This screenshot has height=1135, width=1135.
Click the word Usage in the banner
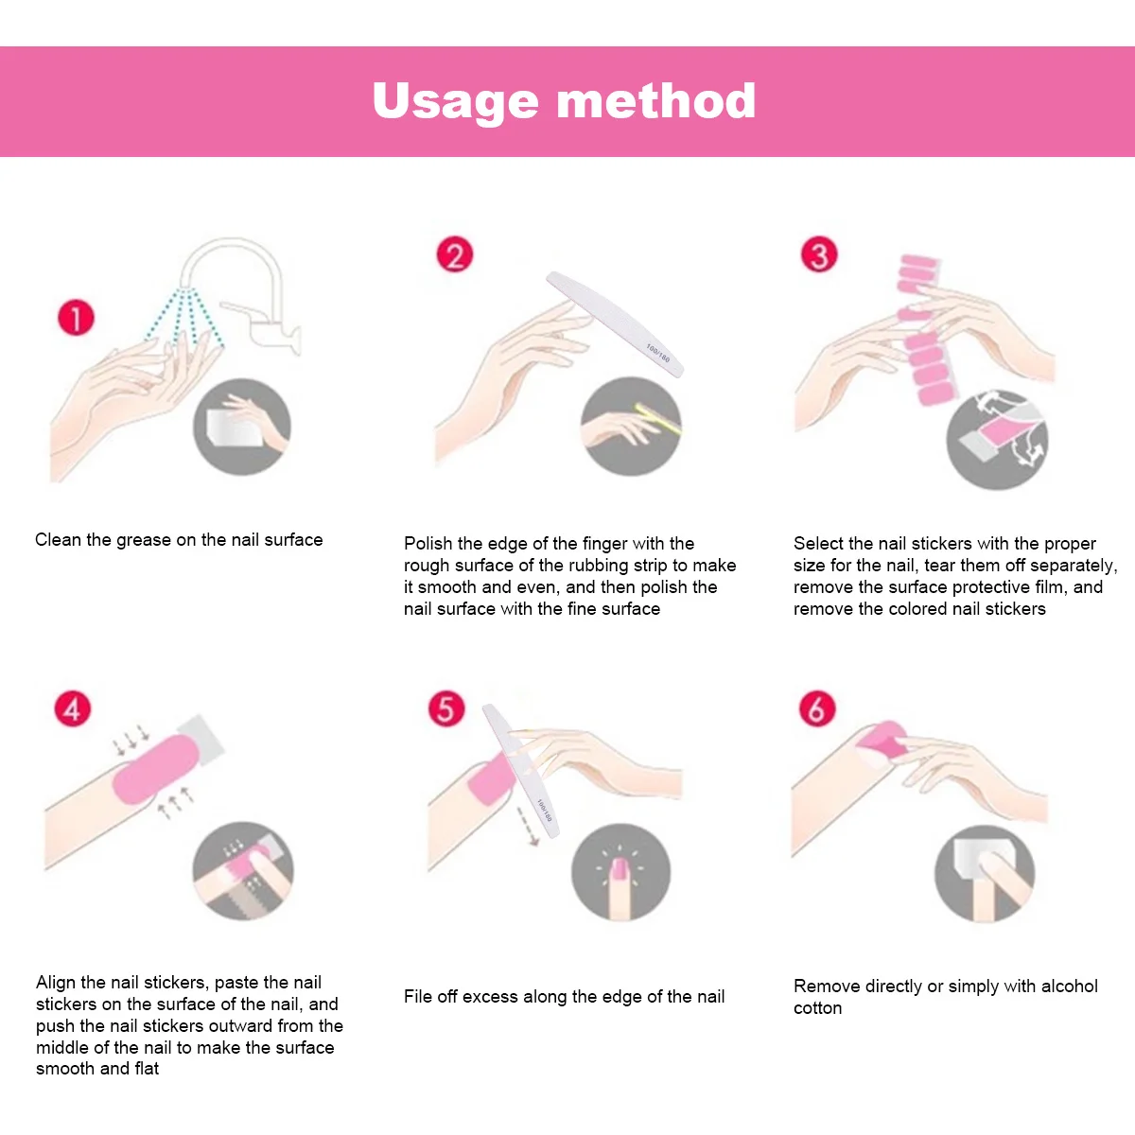(x=455, y=101)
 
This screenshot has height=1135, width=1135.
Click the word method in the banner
(x=656, y=100)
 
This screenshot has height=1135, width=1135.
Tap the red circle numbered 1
(x=76, y=318)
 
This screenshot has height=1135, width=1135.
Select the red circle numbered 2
(x=455, y=255)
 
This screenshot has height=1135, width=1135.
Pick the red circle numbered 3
(x=819, y=255)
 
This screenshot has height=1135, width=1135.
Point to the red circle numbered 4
(x=73, y=708)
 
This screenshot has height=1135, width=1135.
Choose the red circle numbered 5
(x=446, y=708)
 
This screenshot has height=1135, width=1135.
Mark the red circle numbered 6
(x=817, y=708)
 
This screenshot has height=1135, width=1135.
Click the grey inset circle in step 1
(x=242, y=427)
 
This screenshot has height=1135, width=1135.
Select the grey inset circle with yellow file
(x=631, y=427)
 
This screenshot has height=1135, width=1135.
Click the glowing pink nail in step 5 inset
(x=620, y=868)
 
